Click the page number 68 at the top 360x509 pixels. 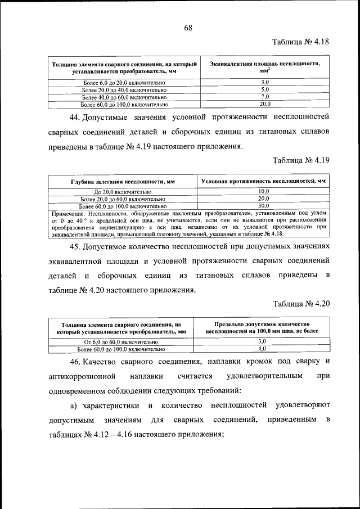(x=188, y=28)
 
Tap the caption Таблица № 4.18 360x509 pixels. (x=301, y=42)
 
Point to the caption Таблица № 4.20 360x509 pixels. (x=301, y=304)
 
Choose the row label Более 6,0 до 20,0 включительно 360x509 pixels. (x=124, y=83)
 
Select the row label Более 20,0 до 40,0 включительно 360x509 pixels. (x=124, y=90)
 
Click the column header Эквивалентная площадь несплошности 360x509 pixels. (x=264, y=67)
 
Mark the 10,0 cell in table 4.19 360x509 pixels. (x=263, y=192)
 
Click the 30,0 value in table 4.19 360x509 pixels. (x=263, y=206)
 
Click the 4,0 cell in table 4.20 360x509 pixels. (x=262, y=349)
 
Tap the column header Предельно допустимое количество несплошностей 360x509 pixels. (x=262, y=328)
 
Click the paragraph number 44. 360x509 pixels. (x=75, y=117)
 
